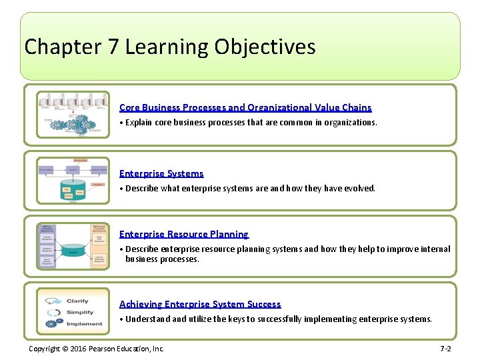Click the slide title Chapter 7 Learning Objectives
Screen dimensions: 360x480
click(169, 47)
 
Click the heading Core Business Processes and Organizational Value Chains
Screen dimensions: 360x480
click(245, 107)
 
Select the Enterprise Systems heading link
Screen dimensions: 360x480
click(161, 173)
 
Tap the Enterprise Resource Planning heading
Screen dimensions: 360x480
click(183, 234)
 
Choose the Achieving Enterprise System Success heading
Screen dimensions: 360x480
click(200, 304)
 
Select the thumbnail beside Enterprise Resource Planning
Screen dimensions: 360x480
click(73, 246)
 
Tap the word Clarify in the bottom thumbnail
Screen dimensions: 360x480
click(77, 301)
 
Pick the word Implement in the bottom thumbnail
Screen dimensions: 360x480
click(85, 324)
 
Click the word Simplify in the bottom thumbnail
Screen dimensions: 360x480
click(80, 312)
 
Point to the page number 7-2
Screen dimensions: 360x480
click(445, 349)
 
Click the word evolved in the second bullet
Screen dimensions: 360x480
click(359, 189)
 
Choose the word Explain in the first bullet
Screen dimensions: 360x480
click(139, 123)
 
